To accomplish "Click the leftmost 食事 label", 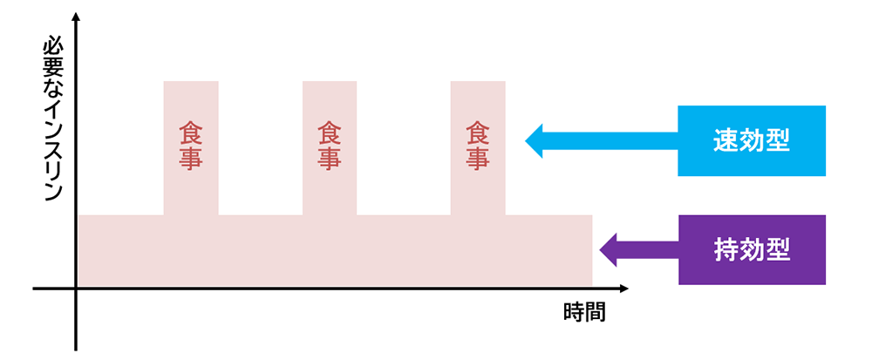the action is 191,146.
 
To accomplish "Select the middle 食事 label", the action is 330,146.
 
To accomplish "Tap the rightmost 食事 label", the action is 478,146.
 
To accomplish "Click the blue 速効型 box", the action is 752,141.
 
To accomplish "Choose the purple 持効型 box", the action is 752,250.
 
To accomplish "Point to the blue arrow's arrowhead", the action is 534,141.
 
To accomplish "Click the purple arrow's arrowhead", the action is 609,250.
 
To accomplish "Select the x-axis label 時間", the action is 584,313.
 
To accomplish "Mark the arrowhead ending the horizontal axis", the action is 623,289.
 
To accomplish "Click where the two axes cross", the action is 76,289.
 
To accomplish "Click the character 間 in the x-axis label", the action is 595,313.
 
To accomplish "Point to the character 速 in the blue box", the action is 726,142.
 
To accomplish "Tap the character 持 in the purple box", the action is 726,250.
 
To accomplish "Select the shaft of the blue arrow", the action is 610,141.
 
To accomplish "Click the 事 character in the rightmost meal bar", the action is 478,159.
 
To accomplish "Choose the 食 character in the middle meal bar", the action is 330,132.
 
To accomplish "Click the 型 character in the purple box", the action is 778,250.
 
